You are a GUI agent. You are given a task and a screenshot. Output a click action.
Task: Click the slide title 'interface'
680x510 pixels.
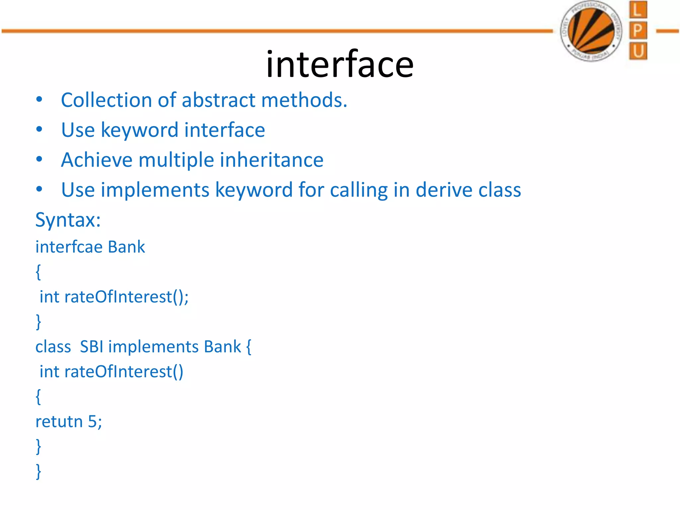click(340, 64)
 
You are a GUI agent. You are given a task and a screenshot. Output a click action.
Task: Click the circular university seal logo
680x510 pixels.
click(591, 31)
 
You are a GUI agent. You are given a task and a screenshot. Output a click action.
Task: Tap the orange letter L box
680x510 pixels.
click(637, 10)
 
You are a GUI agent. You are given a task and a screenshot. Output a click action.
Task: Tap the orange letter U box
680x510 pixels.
click(637, 51)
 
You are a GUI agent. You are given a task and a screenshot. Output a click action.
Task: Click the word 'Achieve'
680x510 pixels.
click(97, 160)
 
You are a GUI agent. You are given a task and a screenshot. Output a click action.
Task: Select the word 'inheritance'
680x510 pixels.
click(272, 160)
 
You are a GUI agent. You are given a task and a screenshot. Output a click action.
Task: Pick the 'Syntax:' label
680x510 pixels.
click(68, 220)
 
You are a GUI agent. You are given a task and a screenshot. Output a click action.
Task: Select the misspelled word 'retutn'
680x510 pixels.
click(59, 422)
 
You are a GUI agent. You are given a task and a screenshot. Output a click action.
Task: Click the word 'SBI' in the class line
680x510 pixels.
click(92, 347)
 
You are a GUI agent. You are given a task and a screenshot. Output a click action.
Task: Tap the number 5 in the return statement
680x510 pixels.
click(92, 421)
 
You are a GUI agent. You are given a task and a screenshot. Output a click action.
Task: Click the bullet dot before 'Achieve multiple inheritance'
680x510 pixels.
click(39, 160)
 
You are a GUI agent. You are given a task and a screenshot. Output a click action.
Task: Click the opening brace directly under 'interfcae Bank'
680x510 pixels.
click(39, 272)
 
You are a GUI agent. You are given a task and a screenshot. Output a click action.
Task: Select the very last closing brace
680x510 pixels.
click(39, 471)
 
